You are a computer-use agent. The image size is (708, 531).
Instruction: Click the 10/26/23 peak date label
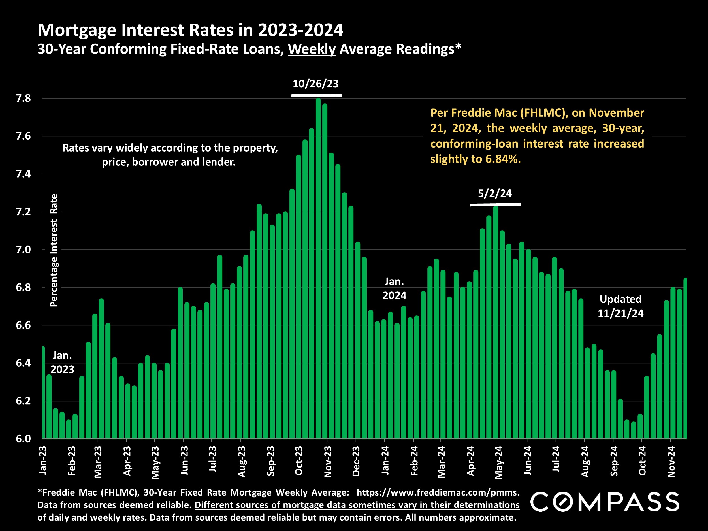tap(315, 84)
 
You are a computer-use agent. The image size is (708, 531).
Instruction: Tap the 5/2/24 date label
tap(494, 194)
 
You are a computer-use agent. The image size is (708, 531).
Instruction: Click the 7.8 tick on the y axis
tap(24, 98)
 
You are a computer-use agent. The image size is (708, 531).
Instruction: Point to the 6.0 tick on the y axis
tap(24, 438)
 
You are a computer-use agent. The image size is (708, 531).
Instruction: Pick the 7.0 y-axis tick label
tap(24, 250)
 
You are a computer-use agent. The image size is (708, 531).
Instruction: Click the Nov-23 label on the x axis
tap(328, 462)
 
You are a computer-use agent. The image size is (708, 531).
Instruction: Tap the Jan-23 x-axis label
tap(42, 460)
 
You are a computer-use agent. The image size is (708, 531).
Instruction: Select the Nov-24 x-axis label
tap(671, 462)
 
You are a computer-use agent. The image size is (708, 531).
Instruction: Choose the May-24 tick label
tap(498, 462)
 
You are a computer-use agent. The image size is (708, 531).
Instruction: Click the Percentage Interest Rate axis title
tap(54, 250)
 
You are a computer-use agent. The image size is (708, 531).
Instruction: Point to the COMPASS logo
tap(605, 502)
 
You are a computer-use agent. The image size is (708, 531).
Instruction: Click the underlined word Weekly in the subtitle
tap(312, 49)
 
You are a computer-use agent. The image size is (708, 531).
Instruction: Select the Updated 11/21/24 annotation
tap(620, 306)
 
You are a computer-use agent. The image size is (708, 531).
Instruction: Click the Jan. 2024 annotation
tap(394, 288)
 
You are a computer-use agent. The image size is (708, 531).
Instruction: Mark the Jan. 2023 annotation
tap(62, 362)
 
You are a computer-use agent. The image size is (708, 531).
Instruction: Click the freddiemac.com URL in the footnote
tap(438, 492)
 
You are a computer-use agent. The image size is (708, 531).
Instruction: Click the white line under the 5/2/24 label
tap(495, 204)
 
